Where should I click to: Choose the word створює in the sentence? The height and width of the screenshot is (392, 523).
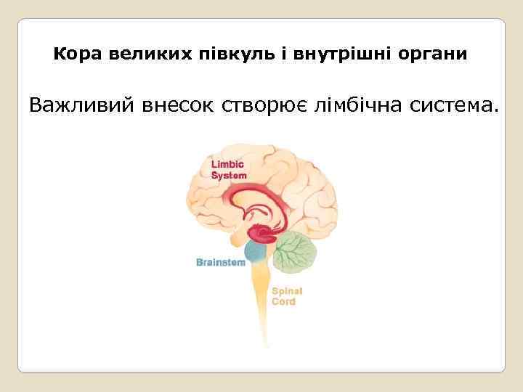[269, 107]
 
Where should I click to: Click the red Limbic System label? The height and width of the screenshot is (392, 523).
[228, 170]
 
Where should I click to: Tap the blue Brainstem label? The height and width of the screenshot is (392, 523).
[221, 262]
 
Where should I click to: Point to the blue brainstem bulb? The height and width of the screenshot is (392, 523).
[255, 252]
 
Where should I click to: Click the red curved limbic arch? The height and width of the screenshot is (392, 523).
[261, 192]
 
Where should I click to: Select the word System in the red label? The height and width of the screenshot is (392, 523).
[229, 175]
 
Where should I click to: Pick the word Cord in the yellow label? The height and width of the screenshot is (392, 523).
[283, 301]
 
